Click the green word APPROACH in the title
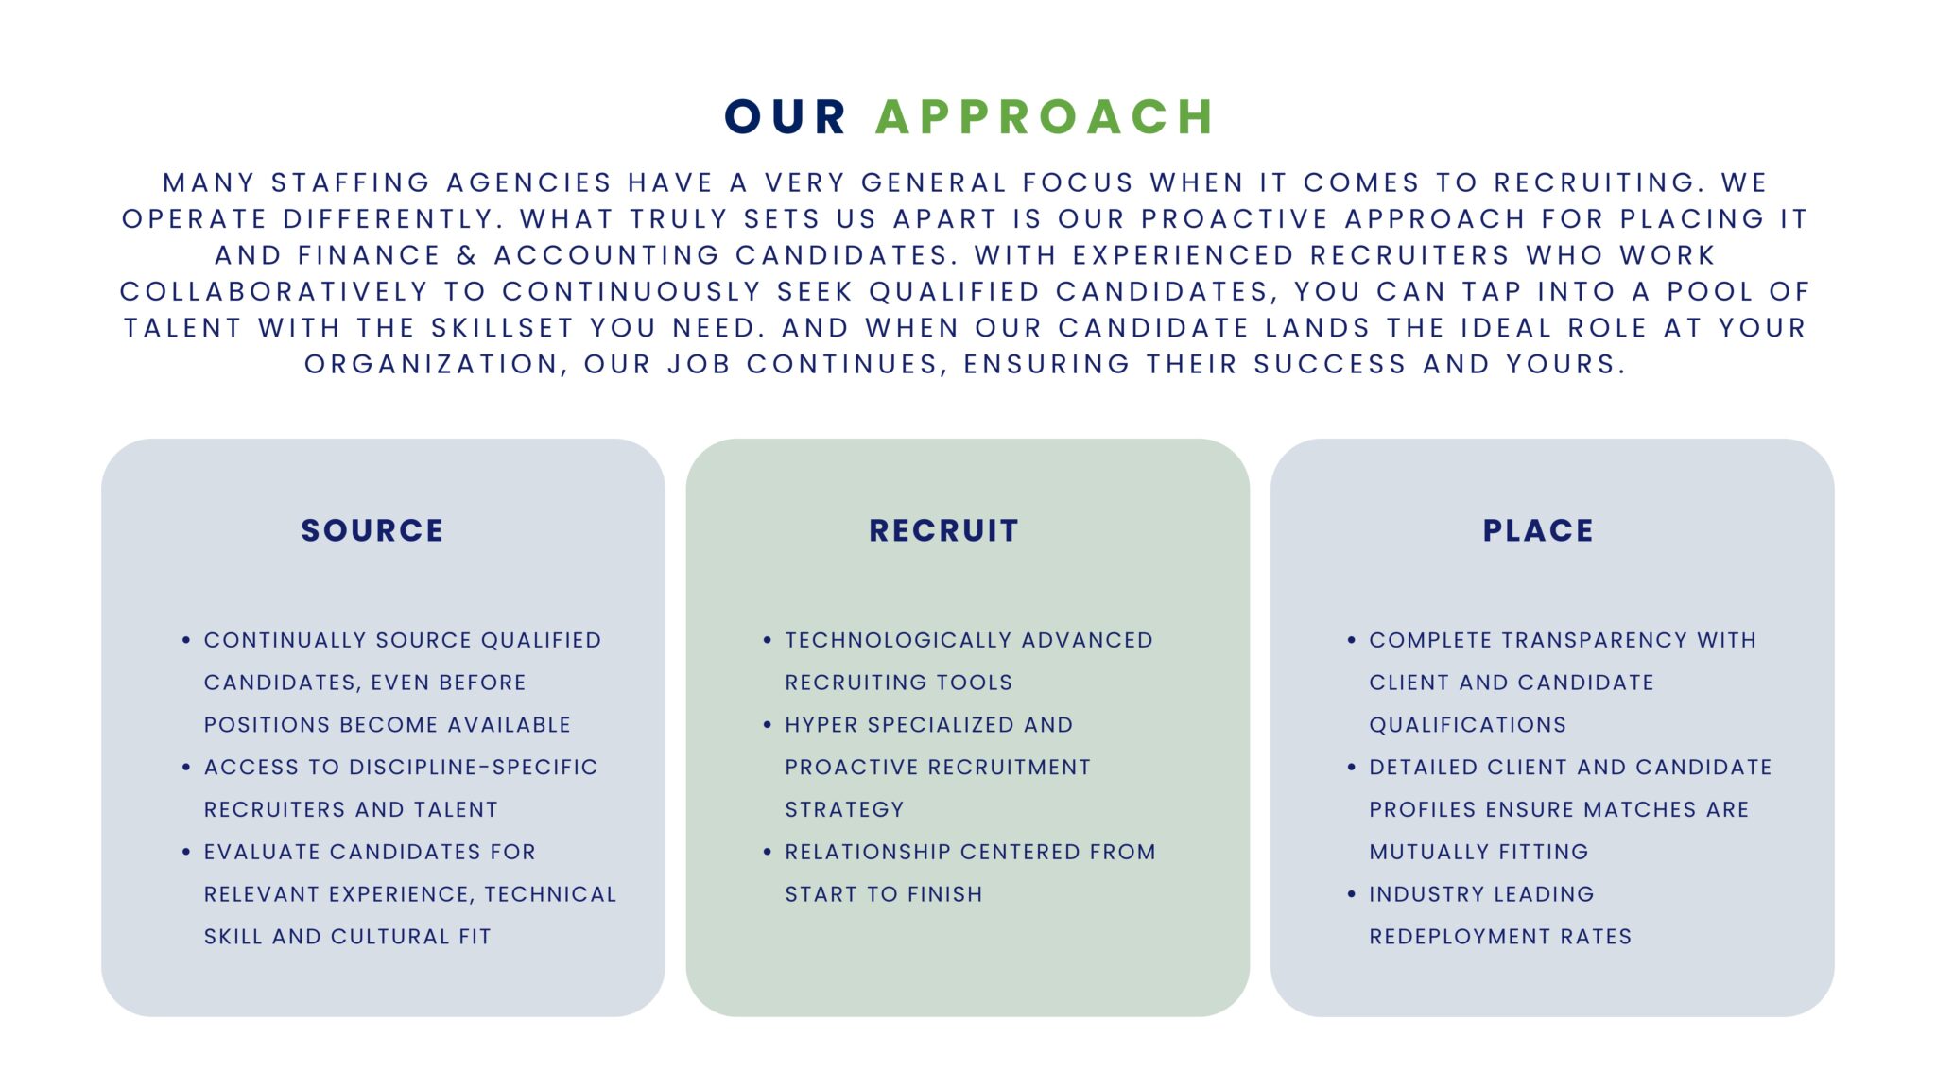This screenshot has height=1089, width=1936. tap(1045, 117)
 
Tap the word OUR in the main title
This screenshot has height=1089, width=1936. tap(785, 117)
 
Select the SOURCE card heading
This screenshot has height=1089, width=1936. tap(372, 530)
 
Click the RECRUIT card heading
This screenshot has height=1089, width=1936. tap(943, 530)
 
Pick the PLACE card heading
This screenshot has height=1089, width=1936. tap(1538, 530)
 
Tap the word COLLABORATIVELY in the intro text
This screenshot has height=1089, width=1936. tap(274, 291)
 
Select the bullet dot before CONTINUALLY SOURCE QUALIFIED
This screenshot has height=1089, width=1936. tap(186, 641)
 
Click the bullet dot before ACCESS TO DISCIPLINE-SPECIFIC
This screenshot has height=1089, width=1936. tap(186, 768)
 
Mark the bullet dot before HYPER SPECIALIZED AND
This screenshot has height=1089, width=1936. tap(768, 725)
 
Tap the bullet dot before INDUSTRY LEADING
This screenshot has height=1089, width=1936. tap(1352, 894)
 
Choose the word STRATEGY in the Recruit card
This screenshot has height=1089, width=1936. tap(844, 809)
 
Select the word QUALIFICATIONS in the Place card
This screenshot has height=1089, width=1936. tap(1467, 725)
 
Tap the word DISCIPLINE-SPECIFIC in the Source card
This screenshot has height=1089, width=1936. tap(473, 768)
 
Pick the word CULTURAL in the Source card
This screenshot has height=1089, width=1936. tap(390, 937)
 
